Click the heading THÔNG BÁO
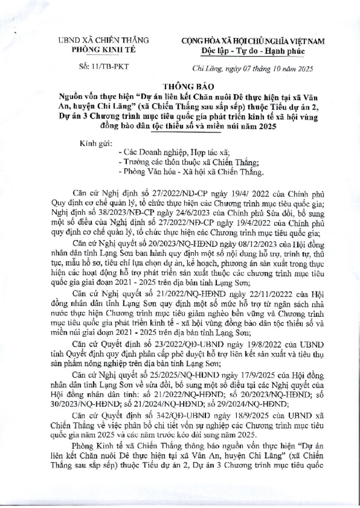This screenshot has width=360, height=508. (180, 86)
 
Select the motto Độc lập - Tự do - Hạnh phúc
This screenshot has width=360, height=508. (253, 51)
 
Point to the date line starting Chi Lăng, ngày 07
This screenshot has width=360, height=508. (252, 68)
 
